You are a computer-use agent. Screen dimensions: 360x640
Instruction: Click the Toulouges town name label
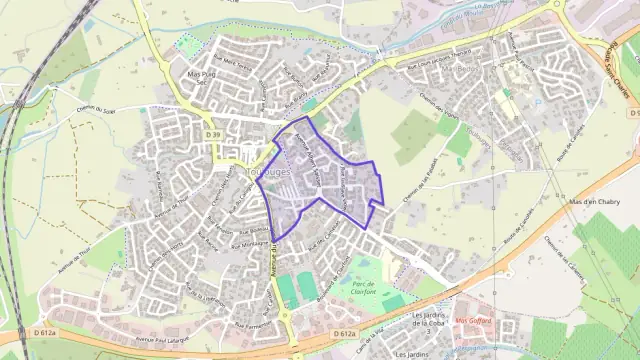[x=239, y=172]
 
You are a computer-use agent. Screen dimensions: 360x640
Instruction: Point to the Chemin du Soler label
[x=97, y=111]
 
